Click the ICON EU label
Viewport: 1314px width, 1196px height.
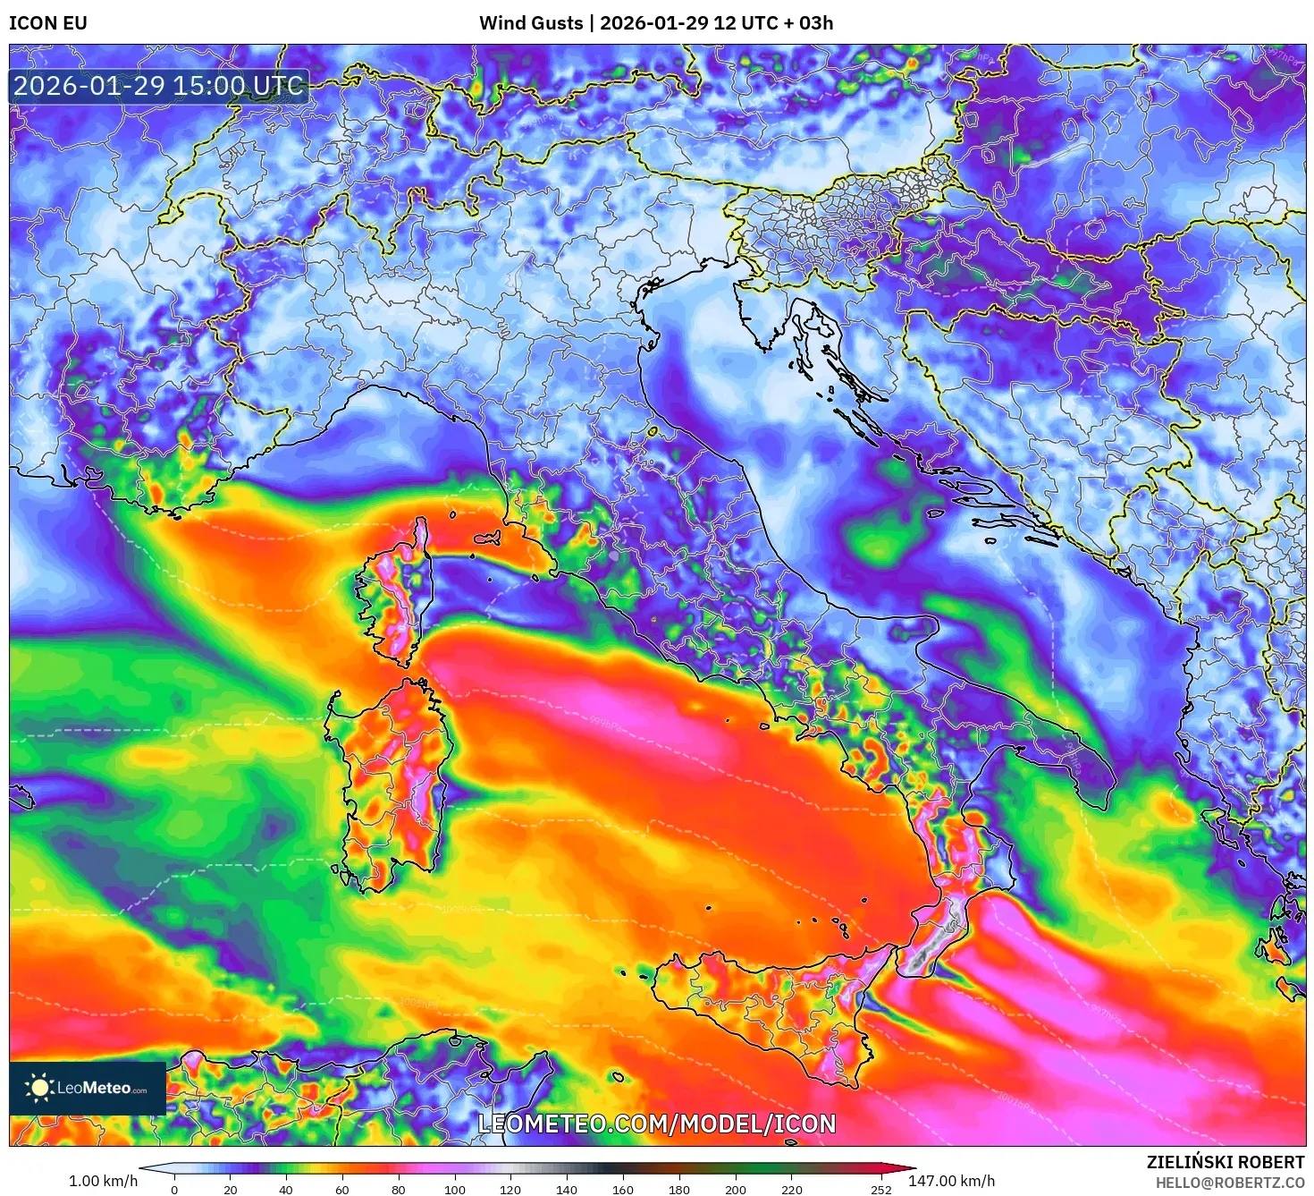[48, 23]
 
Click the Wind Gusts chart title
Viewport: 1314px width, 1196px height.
[656, 23]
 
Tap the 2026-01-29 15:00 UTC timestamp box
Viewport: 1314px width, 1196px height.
[159, 87]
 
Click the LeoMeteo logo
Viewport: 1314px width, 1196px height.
[88, 1088]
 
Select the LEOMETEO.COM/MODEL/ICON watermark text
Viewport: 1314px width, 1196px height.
[657, 1124]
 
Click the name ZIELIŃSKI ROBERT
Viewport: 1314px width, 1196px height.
[1225, 1162]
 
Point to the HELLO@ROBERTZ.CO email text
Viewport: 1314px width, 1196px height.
[1229, 1183]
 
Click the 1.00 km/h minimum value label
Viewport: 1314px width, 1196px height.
[104, 1181]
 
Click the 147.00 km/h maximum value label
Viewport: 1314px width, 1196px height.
[951, 1181]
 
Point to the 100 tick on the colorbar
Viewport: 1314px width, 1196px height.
[454, 1190]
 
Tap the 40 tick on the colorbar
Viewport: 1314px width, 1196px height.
[286, 1190]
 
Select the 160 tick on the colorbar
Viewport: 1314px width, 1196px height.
[623, 1190]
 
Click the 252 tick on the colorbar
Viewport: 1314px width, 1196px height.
[881, 1190]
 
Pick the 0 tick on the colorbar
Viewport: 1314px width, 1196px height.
[174, 1190]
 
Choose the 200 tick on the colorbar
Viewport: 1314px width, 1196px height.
[735, 1190]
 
